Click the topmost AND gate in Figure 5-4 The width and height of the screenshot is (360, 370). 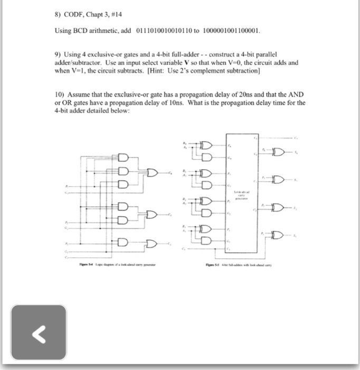pos(124,158)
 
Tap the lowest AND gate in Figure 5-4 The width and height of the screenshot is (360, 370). pos(124,244)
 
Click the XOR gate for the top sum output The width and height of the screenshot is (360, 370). pos(278,153)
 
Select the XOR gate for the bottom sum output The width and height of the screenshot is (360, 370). pos(278,235)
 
